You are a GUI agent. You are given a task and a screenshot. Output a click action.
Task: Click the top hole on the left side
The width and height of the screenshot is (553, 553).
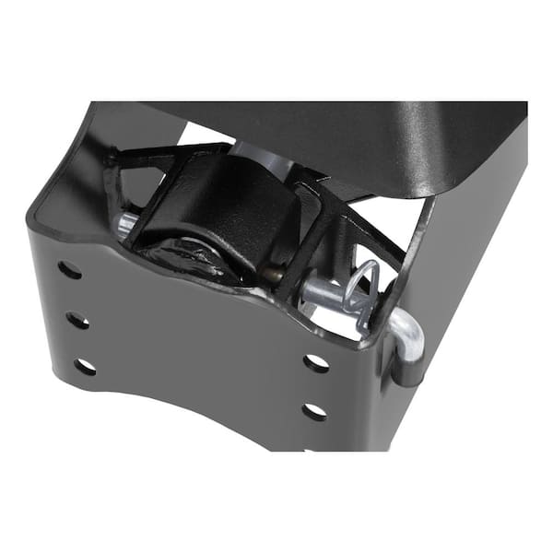pos(68,271)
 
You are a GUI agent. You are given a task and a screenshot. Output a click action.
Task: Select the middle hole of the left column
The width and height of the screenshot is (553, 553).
pos(77,321)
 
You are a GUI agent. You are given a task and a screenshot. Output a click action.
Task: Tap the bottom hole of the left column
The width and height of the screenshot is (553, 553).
pos(85,367)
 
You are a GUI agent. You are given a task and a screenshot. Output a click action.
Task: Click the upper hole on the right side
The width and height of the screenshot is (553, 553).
pos(316,363)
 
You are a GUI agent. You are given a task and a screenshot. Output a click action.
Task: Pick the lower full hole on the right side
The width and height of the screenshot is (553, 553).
pos(315,411)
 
